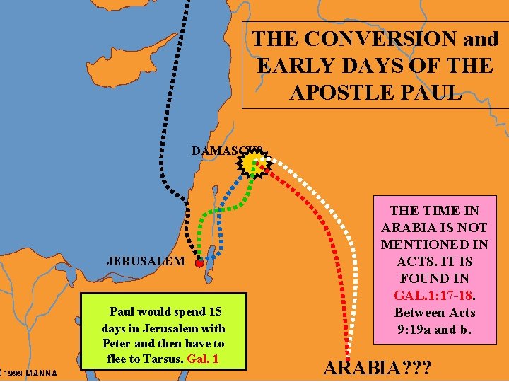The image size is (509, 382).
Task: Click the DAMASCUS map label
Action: pos(225,151)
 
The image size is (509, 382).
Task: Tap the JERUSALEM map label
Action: pos(146,260)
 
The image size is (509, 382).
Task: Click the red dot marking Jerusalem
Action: pos(199,263)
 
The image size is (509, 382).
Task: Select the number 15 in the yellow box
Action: pos(216,311)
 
